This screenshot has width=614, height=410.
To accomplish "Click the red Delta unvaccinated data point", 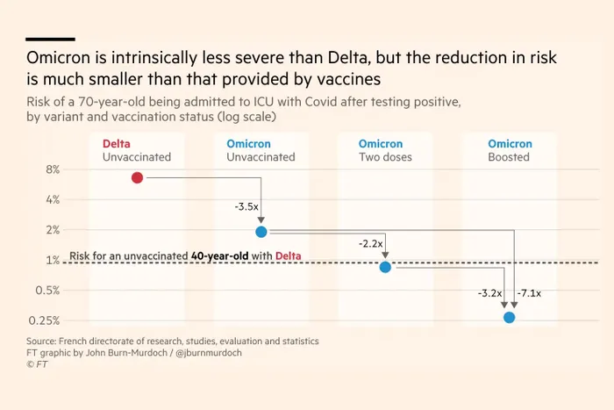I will (x=137, y=177).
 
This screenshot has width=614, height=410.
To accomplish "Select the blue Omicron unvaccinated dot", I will (x=261, y=232).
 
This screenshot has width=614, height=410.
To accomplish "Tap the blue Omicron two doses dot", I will (x=385, y=267).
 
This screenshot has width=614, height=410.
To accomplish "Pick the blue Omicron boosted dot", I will (x=510, y=317).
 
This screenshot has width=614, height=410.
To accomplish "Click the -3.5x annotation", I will (x=246, y=206).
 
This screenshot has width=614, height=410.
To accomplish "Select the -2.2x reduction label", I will (x=370, y=244).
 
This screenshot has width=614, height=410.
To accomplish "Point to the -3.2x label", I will (x=490, y=292).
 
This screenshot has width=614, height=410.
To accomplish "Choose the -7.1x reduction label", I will (x=530, y=292).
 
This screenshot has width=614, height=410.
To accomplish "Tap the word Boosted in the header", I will (x=509, y=158).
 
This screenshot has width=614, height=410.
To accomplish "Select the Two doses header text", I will (x=386, y=158).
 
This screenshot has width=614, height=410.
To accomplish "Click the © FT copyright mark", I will (x=38, y=363).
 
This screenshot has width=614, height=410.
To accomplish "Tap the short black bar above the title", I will (x=50, y=39).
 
